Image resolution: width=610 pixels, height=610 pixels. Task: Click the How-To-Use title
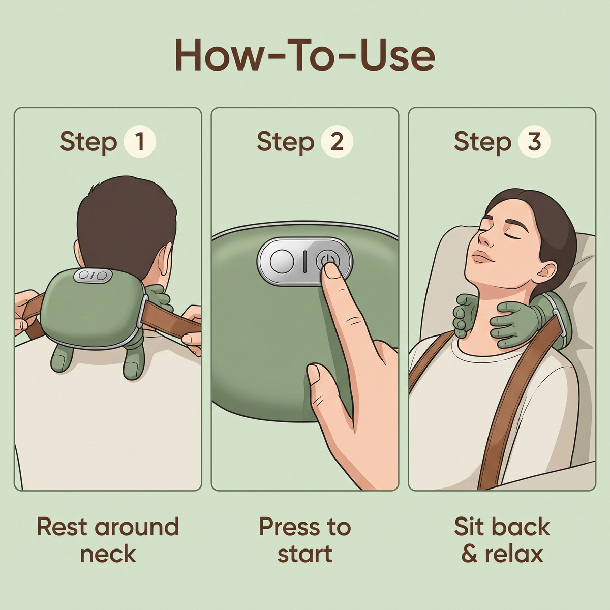point(305,55)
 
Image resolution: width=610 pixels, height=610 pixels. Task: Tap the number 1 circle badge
point(140,141)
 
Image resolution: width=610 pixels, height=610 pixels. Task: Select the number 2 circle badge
point(337,141)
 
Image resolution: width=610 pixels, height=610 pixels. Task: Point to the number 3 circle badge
point(534,141)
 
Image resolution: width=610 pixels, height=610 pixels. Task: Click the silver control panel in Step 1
point(93,276)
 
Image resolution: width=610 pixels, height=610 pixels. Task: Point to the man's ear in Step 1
point(163,261)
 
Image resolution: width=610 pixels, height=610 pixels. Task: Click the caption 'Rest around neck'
point(108,541)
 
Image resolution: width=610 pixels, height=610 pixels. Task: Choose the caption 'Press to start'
point(305,542)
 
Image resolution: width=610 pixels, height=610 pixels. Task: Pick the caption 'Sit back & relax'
point(502,541)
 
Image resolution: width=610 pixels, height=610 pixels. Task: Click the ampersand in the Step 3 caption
point(470,554)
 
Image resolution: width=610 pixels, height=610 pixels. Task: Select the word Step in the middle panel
point(285,142)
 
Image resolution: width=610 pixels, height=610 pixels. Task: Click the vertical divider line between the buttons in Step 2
point(304,262)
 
